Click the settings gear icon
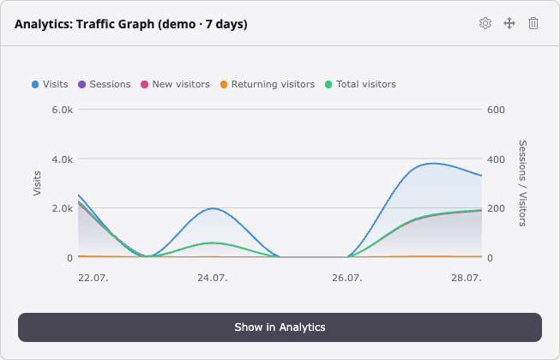click(485, 23)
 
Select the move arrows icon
click(509, 23)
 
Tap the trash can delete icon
click(533, 23)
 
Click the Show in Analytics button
click(280, 327)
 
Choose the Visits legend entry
click(50, 84)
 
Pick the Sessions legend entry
click(105, 84)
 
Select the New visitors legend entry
click(175, 84)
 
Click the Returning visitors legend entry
click(268, 84)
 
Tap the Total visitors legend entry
click(360, 84)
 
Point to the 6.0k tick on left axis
click(62, 110)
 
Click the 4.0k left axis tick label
click(62, 159)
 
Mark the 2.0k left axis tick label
click(62, 208)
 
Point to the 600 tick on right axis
click(496, 110)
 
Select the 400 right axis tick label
click(496, 159)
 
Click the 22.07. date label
click(93, 278)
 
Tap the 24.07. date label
click(213, 278)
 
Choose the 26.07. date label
click(347, 278)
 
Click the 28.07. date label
click(467, 278)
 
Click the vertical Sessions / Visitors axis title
click(522, 183)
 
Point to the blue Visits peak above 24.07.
click(213, 208)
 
